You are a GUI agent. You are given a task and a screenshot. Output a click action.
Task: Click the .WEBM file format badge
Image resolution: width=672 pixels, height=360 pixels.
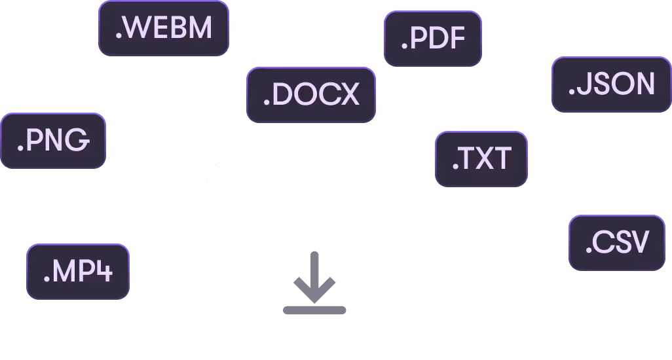point(163,28)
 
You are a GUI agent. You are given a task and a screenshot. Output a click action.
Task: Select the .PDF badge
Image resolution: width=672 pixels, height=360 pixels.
point(432,39)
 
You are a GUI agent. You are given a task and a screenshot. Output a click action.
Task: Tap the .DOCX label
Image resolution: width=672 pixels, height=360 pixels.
point(311,95)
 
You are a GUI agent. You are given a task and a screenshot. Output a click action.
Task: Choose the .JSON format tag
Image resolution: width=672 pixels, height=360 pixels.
point(611,84)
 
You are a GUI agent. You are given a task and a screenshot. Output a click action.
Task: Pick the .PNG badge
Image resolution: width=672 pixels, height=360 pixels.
point(52,141)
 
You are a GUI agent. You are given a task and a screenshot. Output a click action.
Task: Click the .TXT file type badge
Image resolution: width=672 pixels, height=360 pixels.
point(481,159)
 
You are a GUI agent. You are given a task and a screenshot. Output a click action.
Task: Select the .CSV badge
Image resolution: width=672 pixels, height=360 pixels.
point(616,243)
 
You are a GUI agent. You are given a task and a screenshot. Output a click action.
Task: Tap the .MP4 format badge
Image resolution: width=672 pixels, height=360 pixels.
point(77,272)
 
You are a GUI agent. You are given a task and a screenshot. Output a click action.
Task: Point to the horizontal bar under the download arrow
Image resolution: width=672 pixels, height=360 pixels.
point(314,310)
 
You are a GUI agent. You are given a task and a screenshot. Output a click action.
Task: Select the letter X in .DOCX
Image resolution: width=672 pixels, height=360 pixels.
point(348,95)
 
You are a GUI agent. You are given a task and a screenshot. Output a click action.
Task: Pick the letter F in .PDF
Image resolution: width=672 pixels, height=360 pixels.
point(456,39)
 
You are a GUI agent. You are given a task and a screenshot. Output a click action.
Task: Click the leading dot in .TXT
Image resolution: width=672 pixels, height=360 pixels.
point(455,168)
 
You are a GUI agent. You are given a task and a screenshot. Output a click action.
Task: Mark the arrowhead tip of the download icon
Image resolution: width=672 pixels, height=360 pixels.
point(314,302)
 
